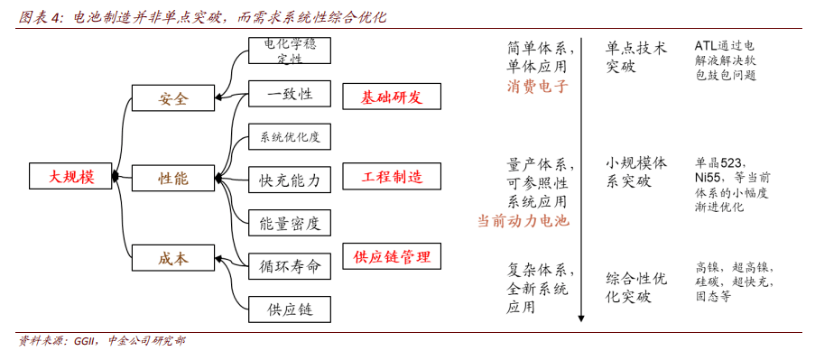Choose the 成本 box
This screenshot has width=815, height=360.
pos(173,258)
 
